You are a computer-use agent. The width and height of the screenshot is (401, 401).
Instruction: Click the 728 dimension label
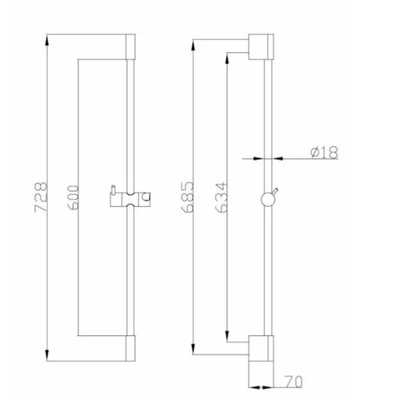click(41, 197)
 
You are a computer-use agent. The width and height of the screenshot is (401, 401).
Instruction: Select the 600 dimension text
click(72, 197)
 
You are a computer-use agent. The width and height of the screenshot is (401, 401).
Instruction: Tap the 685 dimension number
click(187, 197)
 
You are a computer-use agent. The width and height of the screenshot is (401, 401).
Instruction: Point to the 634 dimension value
click(221, 197)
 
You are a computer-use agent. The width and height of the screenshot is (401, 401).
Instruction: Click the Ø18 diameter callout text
click(324, 152)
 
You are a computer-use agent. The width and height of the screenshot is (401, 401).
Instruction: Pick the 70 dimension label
click(294, 382)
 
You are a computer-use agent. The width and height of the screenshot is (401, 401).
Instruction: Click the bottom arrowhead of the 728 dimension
click(47, 355)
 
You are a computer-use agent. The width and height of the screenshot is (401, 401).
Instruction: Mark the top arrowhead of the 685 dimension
click(193, 46)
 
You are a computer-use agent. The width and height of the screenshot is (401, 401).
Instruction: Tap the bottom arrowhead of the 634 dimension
click(227, 336)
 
